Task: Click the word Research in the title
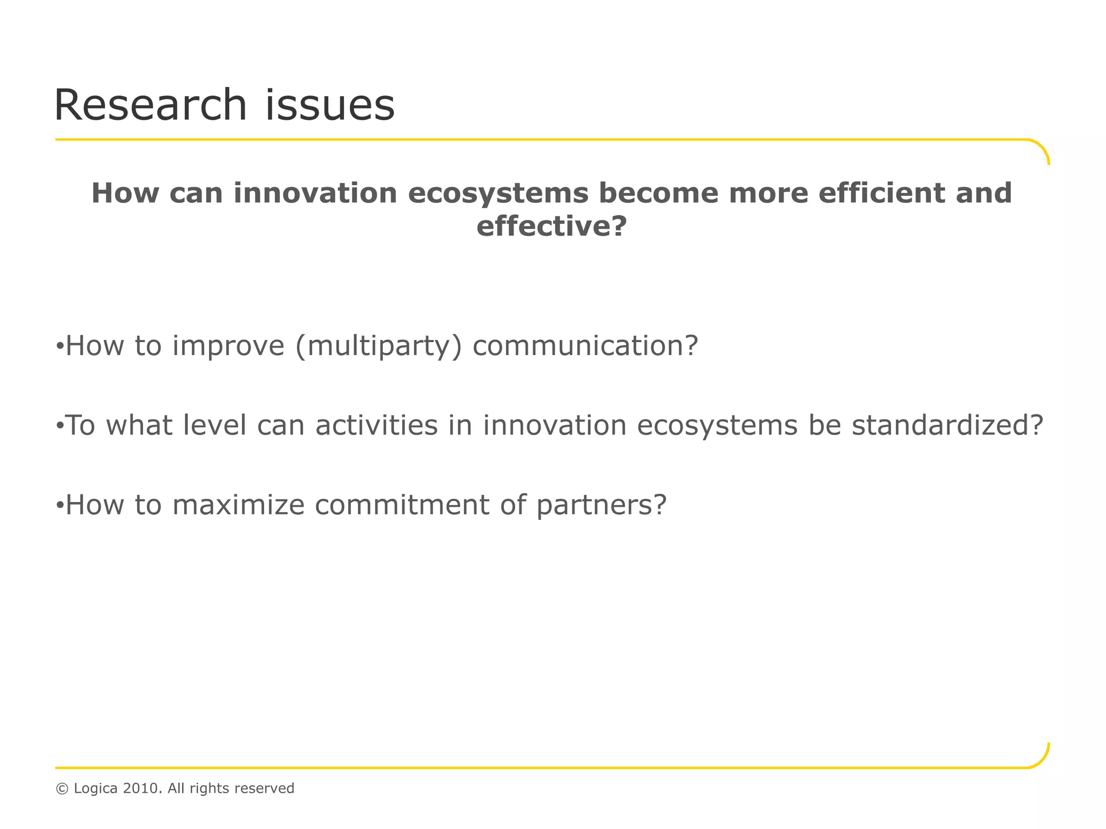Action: point(150,105)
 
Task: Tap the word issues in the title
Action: point(329,105)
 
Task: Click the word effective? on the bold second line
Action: point(551,226)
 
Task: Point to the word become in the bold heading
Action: point(658,193)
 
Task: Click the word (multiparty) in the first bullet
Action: point(379,346)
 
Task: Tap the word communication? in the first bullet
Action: point(585,346)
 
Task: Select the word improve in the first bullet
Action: point(228,346)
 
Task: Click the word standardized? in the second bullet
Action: point(947,425)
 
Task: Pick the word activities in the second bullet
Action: point(376,425)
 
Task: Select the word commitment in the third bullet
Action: point(402,505)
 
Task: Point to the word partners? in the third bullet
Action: point(602,505)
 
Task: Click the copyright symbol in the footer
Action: point(62,789)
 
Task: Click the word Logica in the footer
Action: point(96,789)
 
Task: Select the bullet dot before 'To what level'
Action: point(59,425)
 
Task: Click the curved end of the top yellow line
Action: point(1041,148)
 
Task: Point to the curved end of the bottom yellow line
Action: point(1041,759)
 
